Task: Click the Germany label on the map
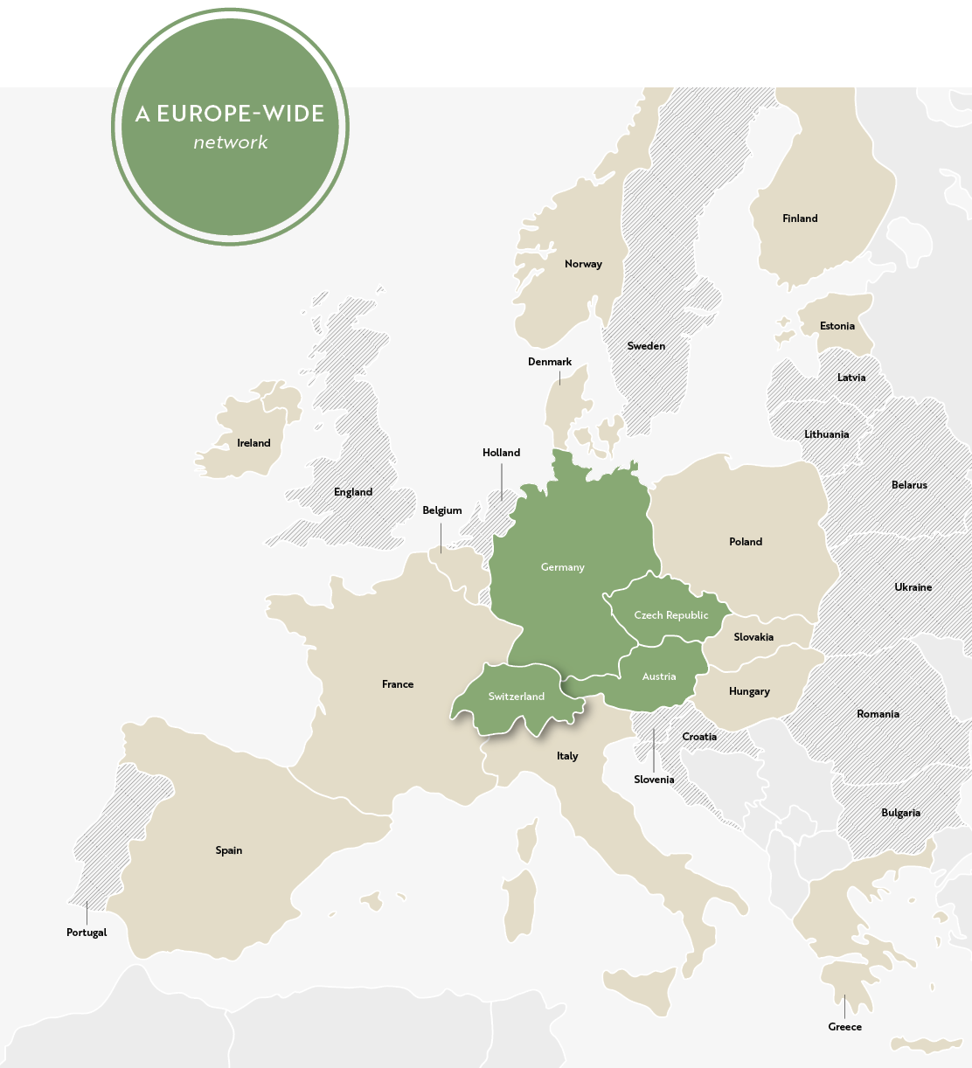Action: [x=562, y=567]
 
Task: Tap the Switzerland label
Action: [x=516, y=697]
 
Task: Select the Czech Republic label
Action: [x=670, y=615]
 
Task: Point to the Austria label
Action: [x=658, y=676]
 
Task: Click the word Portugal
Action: [x=87, y=933]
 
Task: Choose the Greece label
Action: [x=844, y=1027]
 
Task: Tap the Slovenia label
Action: [x=654, y=780]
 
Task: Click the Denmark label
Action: [x=550, y=362]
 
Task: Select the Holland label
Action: [x=501, y=453]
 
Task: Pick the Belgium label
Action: [x=441, y=510]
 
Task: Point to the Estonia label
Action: [x=837, y=326]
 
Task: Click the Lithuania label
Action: [x=826, y=434]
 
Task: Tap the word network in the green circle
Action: [x=231, y=142]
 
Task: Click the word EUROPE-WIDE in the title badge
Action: [x=240, y=114]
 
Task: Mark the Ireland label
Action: [x=253, y=443]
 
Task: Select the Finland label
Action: [x=800, y=218]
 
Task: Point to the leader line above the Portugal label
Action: [x=87, y=912]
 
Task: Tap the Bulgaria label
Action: [x=900, y=813]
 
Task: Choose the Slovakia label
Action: [x=753, y=637]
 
